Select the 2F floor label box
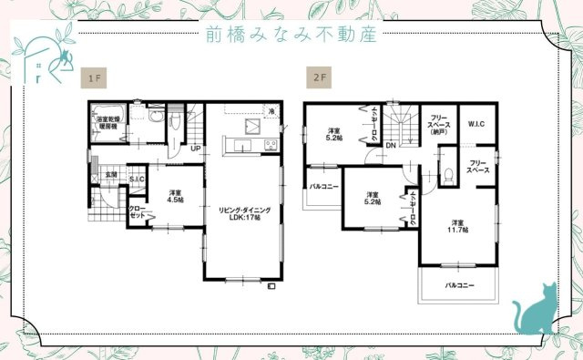pos(319,78)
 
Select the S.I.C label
pos(138,180)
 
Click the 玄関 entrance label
pos(110,173)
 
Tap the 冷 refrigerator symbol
pos(271,110)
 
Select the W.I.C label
pos(476,123)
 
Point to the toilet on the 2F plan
pos(448,175)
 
